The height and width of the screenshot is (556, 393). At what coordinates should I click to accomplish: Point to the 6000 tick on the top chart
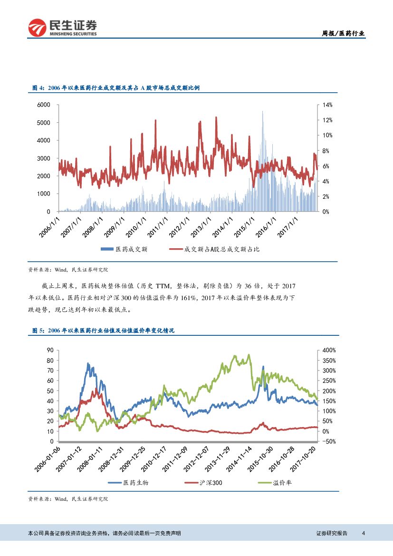pos(44,105)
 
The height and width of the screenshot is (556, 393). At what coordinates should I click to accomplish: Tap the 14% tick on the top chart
pos(328,105)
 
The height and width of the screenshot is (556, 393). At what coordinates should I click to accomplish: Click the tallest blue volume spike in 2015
pos(262,112)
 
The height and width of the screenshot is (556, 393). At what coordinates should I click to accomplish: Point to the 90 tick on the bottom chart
pos(49,351)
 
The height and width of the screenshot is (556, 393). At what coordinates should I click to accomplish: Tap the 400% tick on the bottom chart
pos(329,351)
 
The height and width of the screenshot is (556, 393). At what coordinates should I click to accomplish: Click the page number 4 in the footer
pos(364,533)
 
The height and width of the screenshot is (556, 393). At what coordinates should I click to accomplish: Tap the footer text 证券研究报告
pos(332,533)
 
